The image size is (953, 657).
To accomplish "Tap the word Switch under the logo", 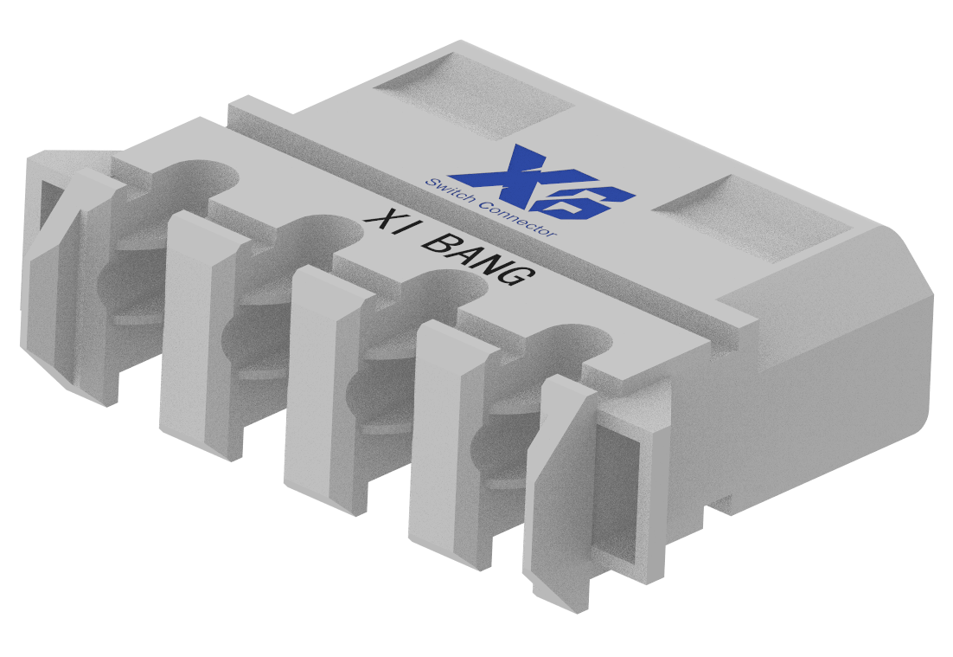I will [x=448, y=191].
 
